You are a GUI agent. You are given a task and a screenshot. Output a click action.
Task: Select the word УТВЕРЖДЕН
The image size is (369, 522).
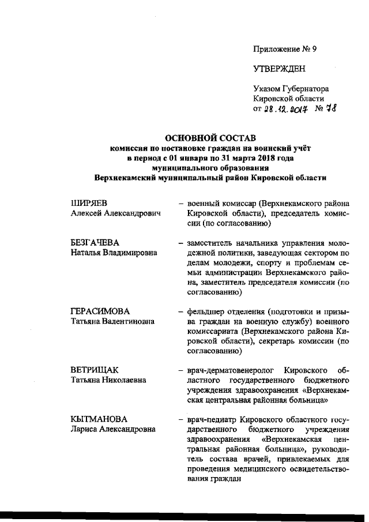coord(280,69)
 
